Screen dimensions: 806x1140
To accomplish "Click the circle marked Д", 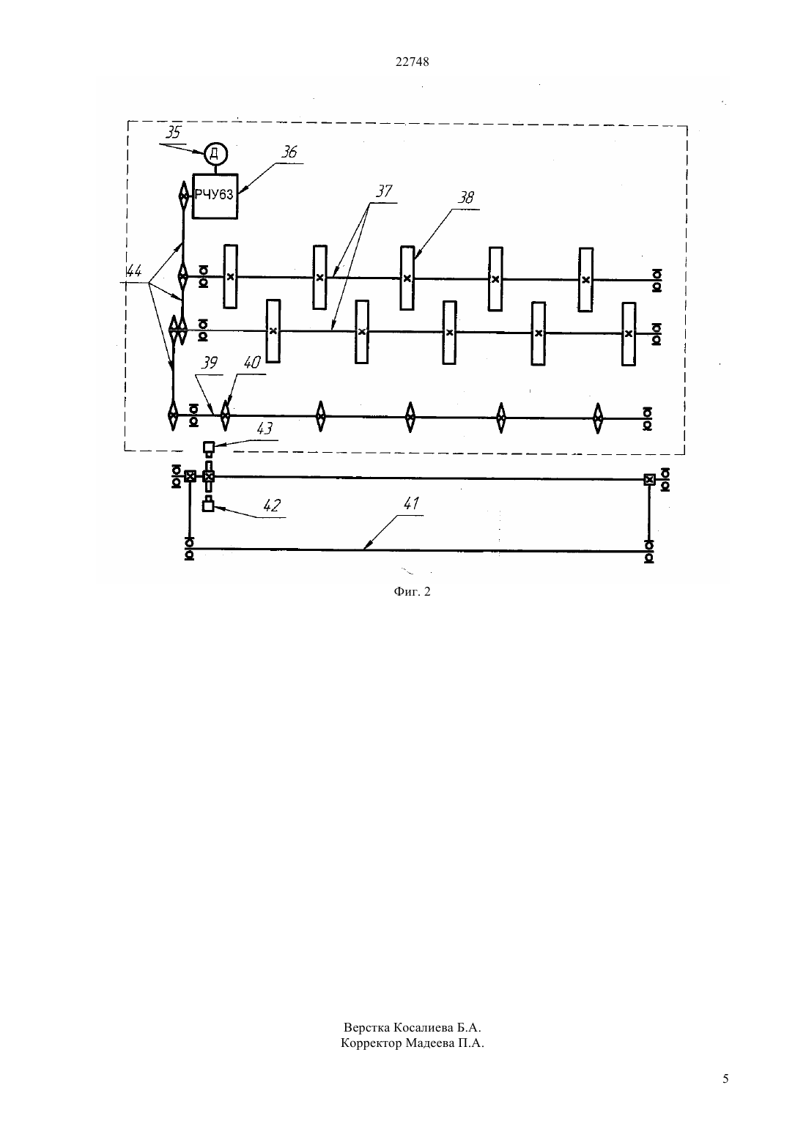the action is pos(215,153).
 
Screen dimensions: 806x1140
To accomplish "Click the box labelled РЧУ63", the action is pos(215,196).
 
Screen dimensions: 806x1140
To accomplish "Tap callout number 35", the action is pos(173,132).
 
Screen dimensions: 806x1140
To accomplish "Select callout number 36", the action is pos(289,152).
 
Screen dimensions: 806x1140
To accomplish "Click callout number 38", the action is pos(465,198).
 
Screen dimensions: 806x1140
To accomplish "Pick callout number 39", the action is pos(209,363).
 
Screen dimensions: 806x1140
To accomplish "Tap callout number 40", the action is pos(252,363).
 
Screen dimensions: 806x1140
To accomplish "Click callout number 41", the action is pos(411,503).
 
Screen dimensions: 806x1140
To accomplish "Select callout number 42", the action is pos(272,506).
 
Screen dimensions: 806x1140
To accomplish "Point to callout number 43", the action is pos(265,429).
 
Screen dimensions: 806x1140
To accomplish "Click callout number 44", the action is pos(134,271).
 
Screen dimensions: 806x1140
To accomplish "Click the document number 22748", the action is pos(412,62).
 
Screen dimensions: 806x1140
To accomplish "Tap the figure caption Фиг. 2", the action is pos(412,591).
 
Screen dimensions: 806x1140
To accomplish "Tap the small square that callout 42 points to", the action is pos(208,506).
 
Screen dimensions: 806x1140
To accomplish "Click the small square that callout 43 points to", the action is pos(209,448).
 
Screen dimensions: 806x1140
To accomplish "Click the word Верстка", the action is pos(367,1027).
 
